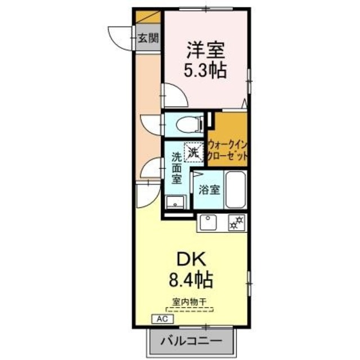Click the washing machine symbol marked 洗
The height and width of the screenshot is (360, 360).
(193, 150)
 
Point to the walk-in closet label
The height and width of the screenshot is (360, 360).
(228, 148)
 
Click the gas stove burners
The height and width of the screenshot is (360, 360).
(237, 222)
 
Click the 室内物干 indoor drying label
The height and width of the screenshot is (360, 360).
(188, 301)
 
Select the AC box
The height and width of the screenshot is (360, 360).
(162, 318)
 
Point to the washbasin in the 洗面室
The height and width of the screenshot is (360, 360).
(178, 201)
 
